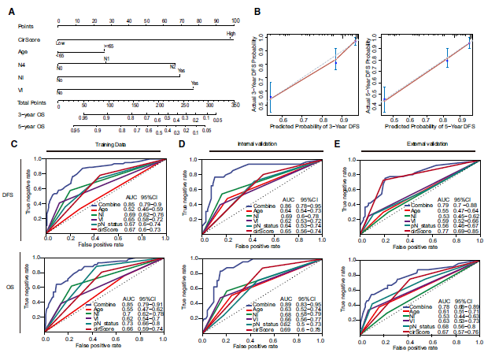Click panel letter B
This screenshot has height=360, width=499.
coord(259,9)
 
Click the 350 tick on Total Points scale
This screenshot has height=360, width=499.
coord(234,104)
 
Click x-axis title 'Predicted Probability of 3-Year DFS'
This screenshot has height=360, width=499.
coord(314,126)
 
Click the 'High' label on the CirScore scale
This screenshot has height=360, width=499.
coord(231,34)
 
